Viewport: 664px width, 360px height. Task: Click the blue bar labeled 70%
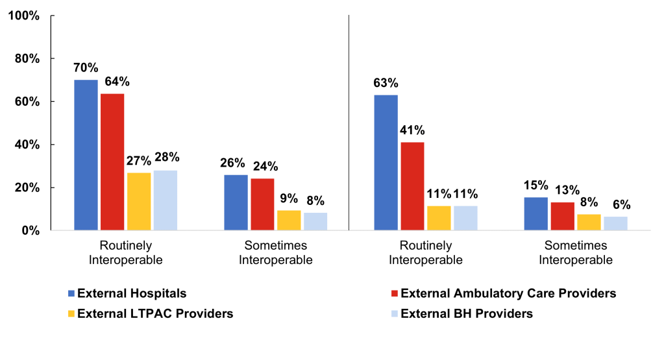(86, 155)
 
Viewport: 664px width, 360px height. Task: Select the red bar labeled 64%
(112, 162)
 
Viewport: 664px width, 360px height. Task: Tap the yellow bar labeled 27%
(139, 201)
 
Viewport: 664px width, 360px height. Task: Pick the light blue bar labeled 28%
(166, 200)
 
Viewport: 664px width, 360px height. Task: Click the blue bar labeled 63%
(386, 162)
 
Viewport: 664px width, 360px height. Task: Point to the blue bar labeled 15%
(535, 213)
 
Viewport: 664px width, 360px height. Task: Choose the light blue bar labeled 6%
(615, 223)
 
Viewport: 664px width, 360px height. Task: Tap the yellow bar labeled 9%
(289, 220)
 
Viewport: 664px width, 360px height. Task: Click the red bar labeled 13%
(562, 216)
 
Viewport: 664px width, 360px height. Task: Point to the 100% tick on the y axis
(24, 16)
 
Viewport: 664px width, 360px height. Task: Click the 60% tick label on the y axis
(27, 102)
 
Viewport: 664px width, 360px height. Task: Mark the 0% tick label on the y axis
(29, 230)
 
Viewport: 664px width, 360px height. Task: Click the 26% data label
(236, 163)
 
